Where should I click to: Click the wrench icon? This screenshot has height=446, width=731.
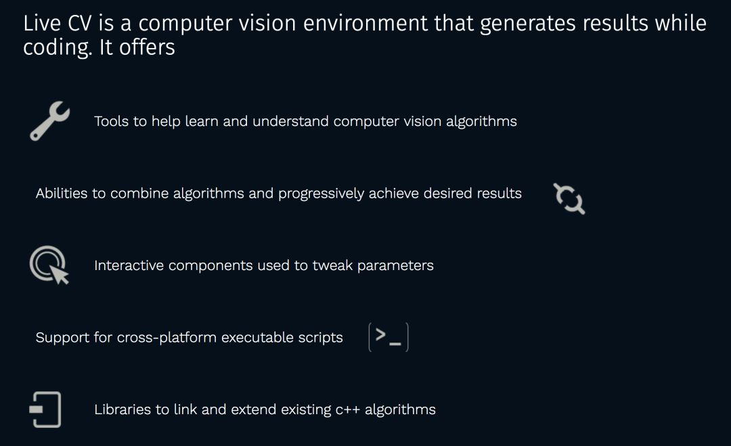click(49, 120)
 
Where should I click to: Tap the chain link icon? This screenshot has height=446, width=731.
click(569, 198)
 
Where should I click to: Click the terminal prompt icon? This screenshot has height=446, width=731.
click(389, 337)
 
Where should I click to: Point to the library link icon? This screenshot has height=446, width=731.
click(46, 409)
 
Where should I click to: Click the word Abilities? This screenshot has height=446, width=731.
click(62, 194)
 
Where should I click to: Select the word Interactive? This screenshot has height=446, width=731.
click(129, 265)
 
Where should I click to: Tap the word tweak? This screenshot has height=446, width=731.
click(332, 265)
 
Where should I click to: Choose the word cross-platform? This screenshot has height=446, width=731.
click(167, 338)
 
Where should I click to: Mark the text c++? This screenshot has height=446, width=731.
click(348, 410)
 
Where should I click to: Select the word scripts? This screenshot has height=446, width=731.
click(320, 338)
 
